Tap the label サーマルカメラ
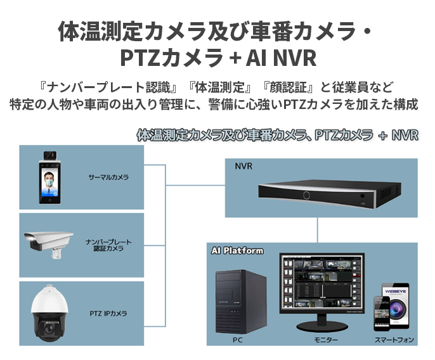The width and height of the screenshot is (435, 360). click(x=108, y=177)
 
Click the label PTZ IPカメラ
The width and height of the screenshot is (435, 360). click(x=108, y=313)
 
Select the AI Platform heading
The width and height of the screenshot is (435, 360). click(x=237, y=251)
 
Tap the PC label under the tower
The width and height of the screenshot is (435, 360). click(x=238, y=340)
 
